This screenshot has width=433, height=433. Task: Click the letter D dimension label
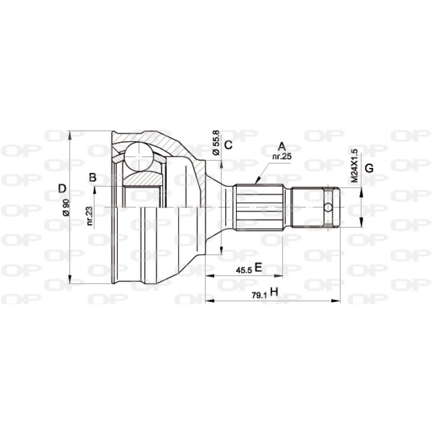point(62,188)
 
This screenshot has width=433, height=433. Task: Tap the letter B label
point(93,177)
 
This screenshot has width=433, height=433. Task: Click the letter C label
point(228,145)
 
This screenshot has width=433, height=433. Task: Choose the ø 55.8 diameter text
point(216,143)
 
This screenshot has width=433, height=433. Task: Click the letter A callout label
point(281,146)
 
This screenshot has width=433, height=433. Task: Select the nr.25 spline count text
point(281,156)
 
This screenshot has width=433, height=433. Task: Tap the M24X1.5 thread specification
point(355,165)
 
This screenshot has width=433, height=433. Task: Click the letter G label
point(369,168)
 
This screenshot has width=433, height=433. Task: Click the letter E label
point(258,267)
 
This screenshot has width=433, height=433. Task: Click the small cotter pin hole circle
point(329,207)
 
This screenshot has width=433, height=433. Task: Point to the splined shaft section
point(259,207)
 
